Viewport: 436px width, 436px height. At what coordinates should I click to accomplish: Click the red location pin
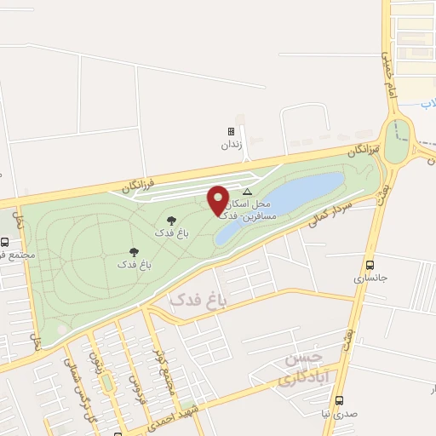[x=219, y=201]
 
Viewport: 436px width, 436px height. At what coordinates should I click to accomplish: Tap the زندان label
[x=231, y=145]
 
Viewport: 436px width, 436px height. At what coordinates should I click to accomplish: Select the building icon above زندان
[x=231, y=132]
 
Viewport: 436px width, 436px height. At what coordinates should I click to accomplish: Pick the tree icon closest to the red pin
[x=171, y=220]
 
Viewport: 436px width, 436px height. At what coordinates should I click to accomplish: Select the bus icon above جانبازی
[x=369, y=265]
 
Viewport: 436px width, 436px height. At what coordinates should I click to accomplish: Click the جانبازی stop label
[x=369, y=278]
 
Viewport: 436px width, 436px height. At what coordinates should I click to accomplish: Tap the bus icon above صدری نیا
[x=339, y=400]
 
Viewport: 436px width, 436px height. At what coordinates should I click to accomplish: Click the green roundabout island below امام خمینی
[x=397, y=141]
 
